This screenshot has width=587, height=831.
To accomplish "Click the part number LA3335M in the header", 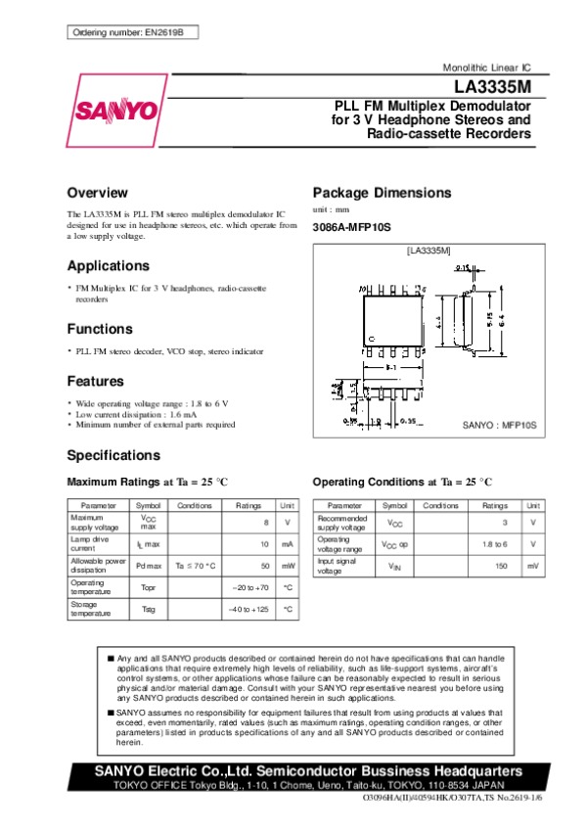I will [x=495, y=86].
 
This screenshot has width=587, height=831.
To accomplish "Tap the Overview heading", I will [x=97, y=192].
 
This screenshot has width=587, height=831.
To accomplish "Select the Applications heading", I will [x=108, y=265].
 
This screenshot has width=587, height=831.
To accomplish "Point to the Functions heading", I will [x=100, y=329].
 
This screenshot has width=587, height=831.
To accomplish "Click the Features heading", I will [x=95, y=381].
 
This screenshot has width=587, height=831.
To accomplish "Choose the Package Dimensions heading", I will [x=382, y=192].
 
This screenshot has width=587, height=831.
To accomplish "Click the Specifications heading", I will [x=113, y=455].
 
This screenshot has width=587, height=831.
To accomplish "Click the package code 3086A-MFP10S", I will [x=351, y=227].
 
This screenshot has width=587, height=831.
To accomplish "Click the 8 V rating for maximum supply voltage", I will [x=265, y=523].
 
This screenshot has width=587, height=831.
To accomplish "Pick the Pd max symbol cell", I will [x=149, y=566].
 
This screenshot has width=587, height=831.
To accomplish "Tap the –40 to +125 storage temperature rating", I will [x=248, y=609].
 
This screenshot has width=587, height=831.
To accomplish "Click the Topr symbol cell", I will [x=149, y=587].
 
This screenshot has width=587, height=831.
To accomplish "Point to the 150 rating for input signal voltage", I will [x=501, y=566].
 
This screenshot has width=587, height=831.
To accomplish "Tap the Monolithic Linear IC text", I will [x=487, y=67].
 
